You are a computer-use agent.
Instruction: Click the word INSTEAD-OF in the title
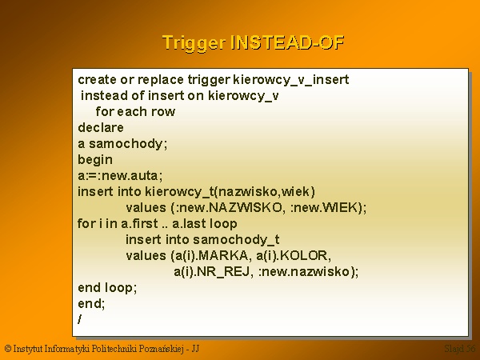coord(287,42)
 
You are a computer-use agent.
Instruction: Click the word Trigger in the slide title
coord(194,43)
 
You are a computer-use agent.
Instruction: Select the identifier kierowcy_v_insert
coord(291,80)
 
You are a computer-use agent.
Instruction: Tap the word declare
coord(101,127)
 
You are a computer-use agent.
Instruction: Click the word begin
coord(95,160)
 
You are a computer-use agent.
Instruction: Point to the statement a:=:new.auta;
coord(120,176)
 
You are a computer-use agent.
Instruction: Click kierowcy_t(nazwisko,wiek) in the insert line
coord(230,192)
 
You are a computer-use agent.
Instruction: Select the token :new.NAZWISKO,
coord(226,208)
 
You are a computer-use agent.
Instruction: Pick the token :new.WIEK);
coord(328,208)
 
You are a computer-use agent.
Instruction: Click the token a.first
coord(139,223)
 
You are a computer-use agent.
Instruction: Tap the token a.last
coord(187,223)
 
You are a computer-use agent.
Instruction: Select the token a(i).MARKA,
coord(211,256)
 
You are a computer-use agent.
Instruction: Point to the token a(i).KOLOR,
coord(294,256)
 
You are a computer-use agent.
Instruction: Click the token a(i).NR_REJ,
coord(214,271)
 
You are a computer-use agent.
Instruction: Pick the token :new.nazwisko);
coord(308,271)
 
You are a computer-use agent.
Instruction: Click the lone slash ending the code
coord(80,319)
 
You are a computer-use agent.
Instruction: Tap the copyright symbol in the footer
coord(8,349)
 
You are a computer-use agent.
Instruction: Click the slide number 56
coord(471,348)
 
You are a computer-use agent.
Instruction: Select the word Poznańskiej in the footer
coord(161,349)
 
